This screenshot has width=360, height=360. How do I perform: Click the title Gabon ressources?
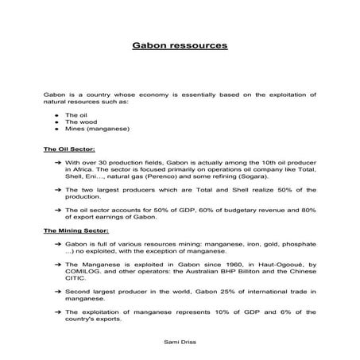pos(180,46)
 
